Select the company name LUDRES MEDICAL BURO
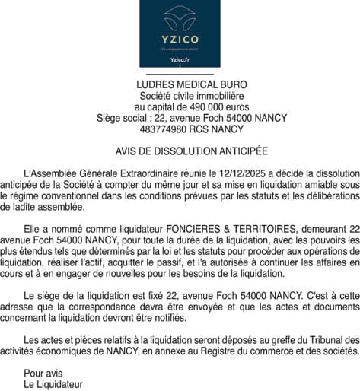click(x=180, y=84)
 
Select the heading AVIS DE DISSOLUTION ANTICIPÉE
click(x=180, y=152)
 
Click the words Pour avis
click(x=43, y=373)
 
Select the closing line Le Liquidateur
click(x=53, y=384)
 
